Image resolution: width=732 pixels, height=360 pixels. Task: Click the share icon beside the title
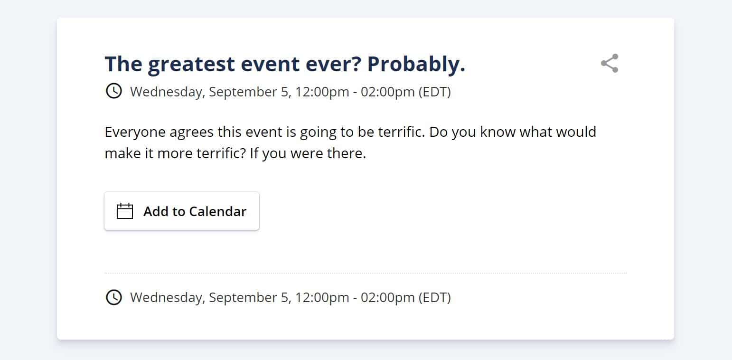(610, 63)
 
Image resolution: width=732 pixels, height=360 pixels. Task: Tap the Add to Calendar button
(182, 211)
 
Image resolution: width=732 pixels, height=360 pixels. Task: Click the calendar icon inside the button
(125, 211)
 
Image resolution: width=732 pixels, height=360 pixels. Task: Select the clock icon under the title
(114, 91)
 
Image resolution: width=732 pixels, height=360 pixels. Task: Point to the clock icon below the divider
(114, 297)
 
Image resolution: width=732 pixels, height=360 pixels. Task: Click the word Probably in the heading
(416, 64)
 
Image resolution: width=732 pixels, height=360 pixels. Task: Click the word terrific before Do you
(402, 132)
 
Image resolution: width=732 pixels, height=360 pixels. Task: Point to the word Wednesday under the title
(168, 92)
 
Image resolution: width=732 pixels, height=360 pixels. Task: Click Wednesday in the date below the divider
(168, 298)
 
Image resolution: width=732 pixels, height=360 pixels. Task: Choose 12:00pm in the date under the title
(322, 92)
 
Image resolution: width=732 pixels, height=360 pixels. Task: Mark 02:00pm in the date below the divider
(387, 298)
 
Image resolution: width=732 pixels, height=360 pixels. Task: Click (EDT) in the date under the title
(435, 92)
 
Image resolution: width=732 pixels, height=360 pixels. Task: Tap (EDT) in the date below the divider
(435, 298)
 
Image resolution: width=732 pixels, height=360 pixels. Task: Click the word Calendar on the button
(217, 211)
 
